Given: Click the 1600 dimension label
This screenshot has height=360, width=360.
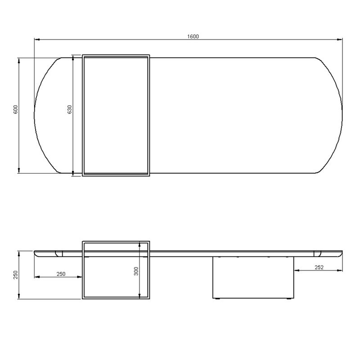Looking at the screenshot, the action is (193, 36).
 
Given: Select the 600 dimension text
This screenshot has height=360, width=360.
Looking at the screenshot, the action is (16, 110).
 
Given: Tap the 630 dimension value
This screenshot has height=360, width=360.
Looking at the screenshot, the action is (70, 109).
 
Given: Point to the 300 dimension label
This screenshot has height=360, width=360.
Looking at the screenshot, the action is (136, 271).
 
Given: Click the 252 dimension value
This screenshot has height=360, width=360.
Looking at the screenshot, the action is (319, 267).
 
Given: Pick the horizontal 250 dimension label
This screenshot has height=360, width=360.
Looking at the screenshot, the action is (61, 274).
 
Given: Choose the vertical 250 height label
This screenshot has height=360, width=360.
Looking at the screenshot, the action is (16, 275).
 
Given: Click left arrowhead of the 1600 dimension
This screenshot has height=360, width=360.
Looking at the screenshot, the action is (37, 40).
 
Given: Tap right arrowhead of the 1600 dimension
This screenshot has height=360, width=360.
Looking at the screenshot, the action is (340, 40).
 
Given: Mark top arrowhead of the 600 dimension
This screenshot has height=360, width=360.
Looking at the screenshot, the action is (19, 61).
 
